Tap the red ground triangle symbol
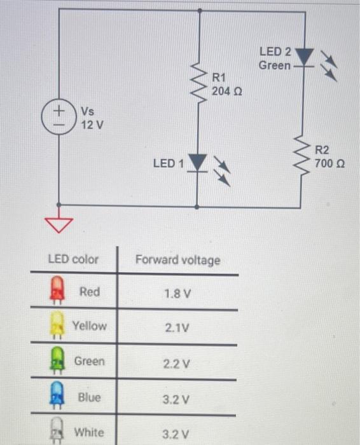click(x=59, y=223)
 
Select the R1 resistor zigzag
click(x=200, y=86)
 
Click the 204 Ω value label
click(x=227, y=92)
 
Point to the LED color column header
click(x=74, y=259)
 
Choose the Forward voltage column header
click(x=177, y=260)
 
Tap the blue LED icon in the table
click(x=57, y=397)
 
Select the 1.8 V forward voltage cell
click(x=177, y=294)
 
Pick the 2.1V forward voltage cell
click(x=177, y=329)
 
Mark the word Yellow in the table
click(x=90, y=325)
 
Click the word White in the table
click(x=90, y=432)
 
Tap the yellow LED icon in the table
click(x=57, y=326)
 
